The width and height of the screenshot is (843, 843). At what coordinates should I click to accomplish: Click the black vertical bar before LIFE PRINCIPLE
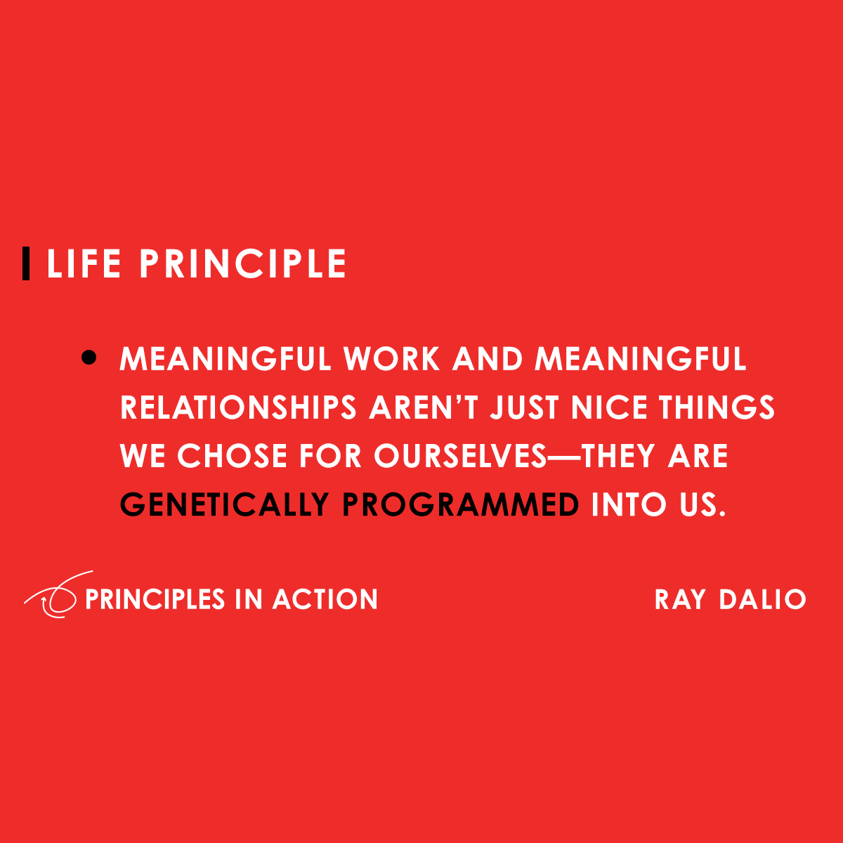[26, 263]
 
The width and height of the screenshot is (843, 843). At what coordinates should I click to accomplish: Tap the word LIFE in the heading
[84, 264]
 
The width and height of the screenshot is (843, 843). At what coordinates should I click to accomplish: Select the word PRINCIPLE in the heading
[242, 264]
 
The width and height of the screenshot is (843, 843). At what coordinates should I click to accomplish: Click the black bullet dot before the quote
[89, 358]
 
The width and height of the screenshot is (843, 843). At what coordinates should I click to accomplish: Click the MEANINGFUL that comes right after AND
[640, 359]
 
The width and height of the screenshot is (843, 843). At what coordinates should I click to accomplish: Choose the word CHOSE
[233, 456]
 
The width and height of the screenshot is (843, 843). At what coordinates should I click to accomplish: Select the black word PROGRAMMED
[461, 504]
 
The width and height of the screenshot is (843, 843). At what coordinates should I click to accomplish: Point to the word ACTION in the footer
[325, 599]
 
